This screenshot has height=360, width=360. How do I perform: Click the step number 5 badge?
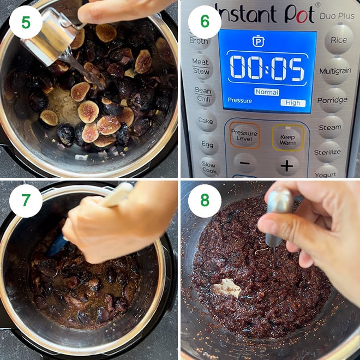[26, 22]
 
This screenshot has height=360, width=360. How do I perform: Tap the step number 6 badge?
[205, 21]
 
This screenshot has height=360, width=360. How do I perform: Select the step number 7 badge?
[26, 201]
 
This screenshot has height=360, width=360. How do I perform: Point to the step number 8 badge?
[205, 201]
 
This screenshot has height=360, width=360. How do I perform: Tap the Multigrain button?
[335, 71]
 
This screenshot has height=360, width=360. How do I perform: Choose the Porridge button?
[332, 100]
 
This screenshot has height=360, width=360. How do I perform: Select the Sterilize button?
[327, 152]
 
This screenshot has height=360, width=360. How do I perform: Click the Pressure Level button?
[244, 136]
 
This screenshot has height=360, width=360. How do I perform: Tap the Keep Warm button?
[288, 138]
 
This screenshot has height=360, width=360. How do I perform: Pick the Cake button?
[206, 121]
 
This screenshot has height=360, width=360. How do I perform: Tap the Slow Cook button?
[209, 167]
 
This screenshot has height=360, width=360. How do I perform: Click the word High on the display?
[293, 103]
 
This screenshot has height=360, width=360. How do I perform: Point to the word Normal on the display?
[267, 92]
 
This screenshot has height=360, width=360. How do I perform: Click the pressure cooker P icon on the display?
[258, 41]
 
